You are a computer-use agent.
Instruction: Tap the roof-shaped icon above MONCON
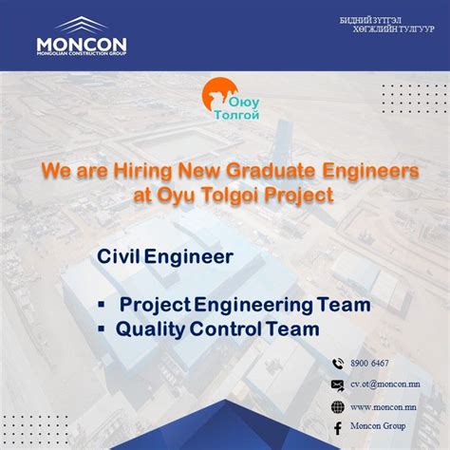coord(81,26)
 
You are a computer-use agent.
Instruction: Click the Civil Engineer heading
coord(166,256)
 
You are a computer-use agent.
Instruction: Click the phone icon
coord(336,364)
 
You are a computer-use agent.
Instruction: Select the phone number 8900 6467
coord(369,364)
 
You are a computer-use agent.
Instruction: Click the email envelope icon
coord(336,384)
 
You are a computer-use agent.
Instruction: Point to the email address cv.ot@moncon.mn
coord(385,384)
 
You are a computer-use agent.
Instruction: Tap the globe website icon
coord(336,406)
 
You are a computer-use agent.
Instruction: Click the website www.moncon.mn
coord(384,406)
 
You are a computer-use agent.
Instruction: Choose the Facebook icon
coord(336,428)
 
